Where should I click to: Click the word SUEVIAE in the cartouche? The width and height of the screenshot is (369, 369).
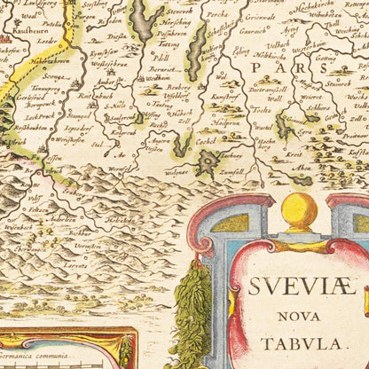299,287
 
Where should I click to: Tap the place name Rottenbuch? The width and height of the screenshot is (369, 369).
93,97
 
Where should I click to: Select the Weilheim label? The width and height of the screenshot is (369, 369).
158,78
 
